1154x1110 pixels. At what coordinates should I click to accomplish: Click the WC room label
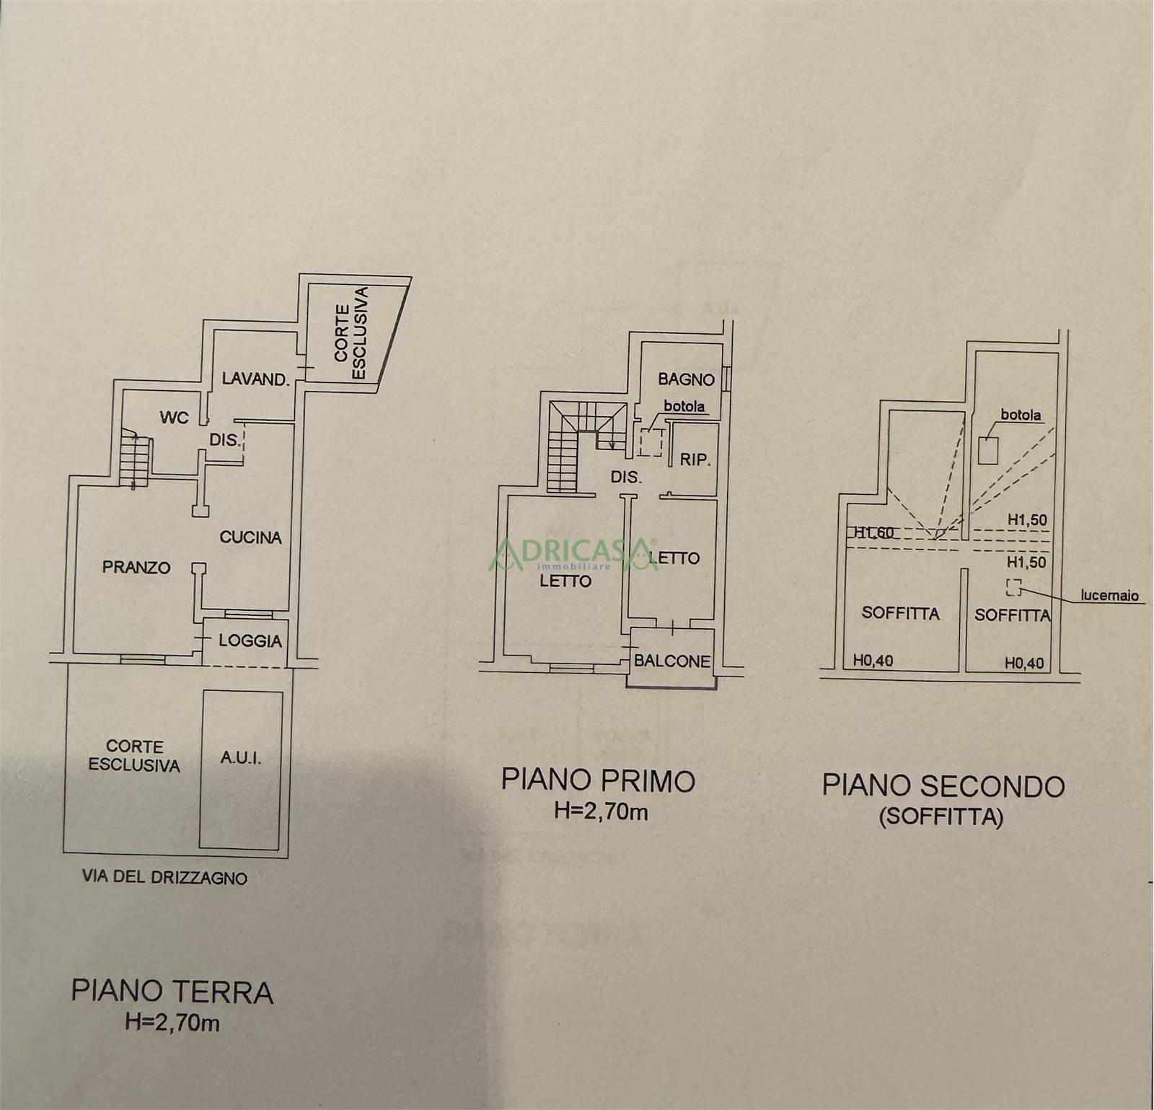pos(174,418)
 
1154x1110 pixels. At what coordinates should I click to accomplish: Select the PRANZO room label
pos(136,568)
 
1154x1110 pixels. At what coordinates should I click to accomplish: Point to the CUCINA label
pos(250,537)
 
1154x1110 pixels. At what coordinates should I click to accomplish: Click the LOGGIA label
pos(250,640)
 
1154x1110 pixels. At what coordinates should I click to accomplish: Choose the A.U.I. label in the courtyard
pos(239,759)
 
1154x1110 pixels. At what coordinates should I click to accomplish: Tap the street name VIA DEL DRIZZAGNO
pos(166,878)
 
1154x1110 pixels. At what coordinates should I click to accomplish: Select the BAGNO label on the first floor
pos(686,379)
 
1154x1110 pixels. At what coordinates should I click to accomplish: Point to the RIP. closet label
pos(696,459)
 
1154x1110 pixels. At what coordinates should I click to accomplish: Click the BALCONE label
pos(672,661)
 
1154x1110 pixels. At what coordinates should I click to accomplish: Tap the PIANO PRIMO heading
pos(599,781)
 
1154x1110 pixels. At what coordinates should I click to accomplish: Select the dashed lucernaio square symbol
pos(1013,587)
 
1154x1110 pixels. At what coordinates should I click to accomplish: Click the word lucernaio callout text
pos(1109,596)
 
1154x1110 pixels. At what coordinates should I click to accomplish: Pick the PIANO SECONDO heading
pos(943,786)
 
